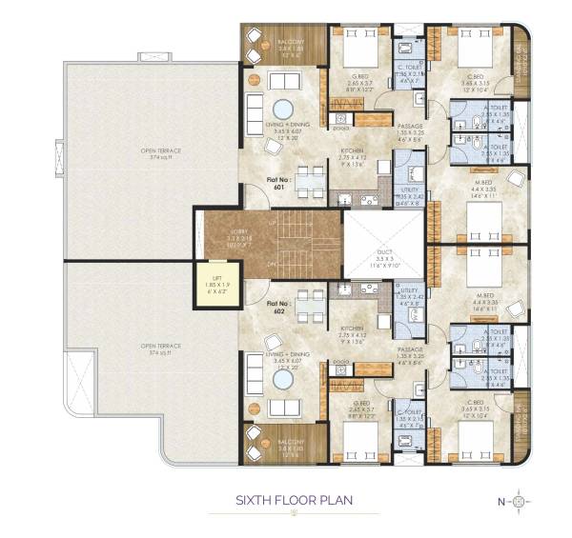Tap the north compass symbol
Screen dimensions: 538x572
518,501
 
